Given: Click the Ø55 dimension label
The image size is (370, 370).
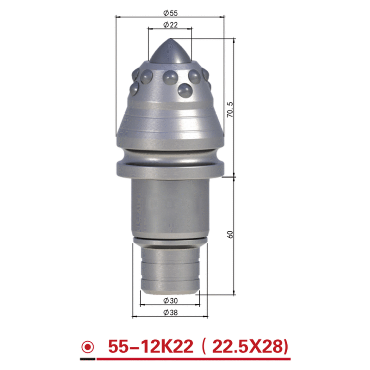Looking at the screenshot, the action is [170, 13].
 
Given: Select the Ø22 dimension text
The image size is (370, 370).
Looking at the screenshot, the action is [170, 25].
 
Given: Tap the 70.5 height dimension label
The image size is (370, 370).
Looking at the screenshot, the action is [230, 110].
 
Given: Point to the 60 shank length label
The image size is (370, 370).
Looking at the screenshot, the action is [230, 234].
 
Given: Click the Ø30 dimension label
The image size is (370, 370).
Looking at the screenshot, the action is [170, 301].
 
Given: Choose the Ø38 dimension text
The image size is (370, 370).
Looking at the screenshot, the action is [170, 313].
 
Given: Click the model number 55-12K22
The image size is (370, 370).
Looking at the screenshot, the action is [151, 346].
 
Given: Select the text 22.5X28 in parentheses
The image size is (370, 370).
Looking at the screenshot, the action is [247, 346].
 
